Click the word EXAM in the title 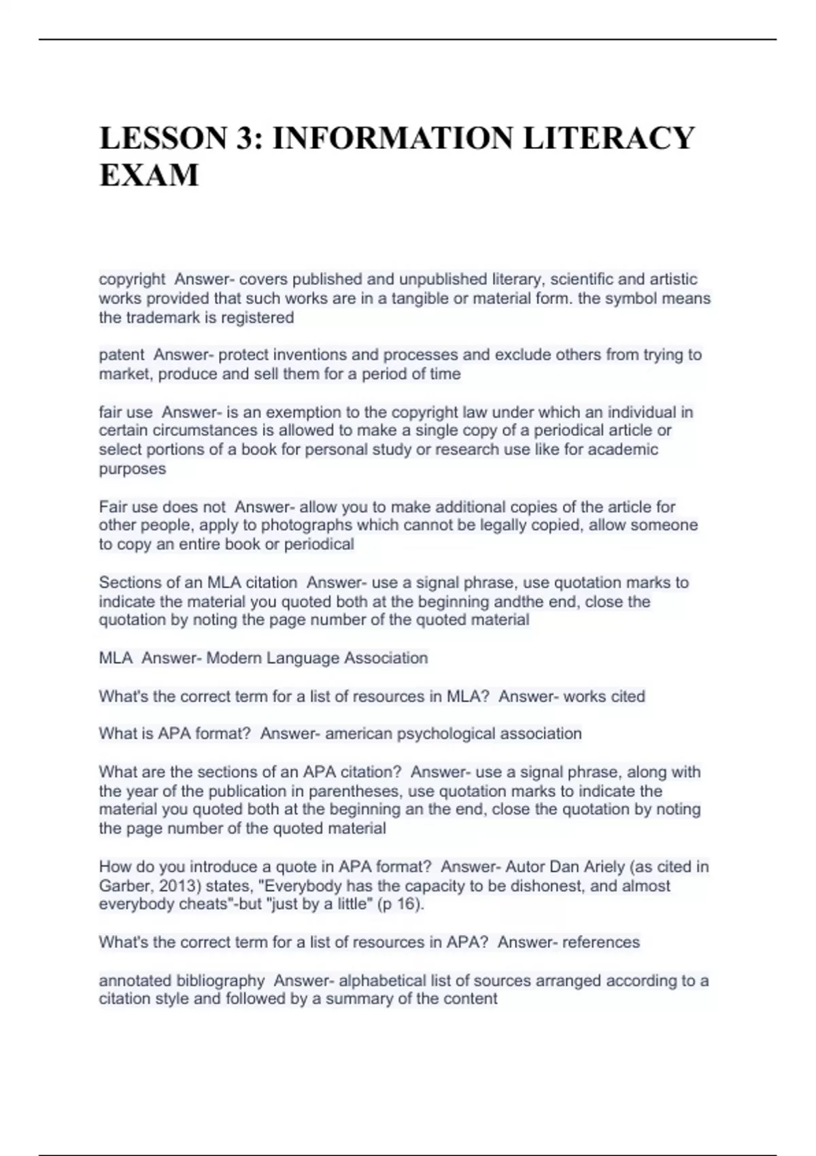tap(149, 175)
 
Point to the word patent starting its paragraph tap(122, 355)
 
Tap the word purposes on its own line tap(133, 469)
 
